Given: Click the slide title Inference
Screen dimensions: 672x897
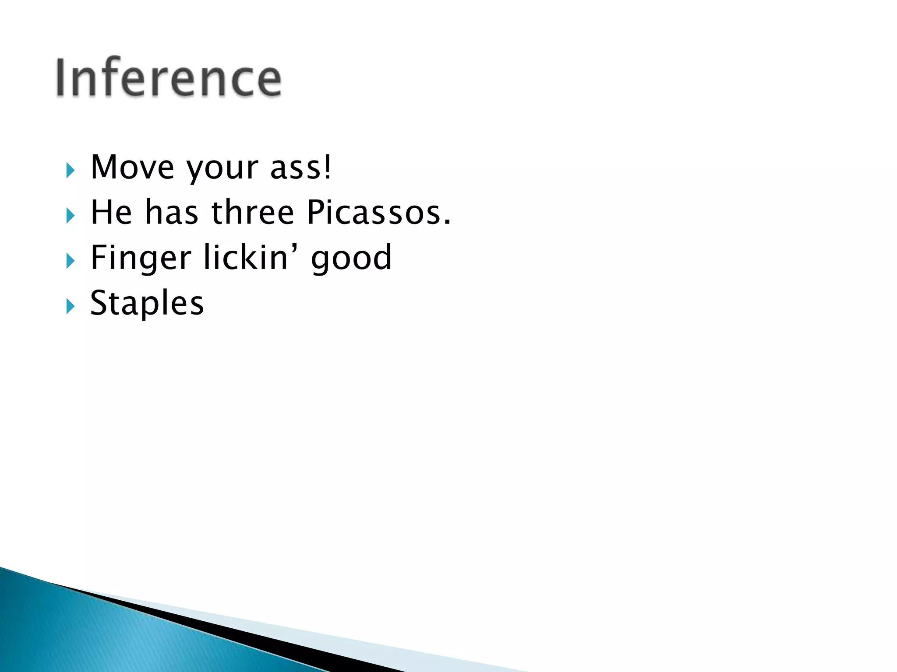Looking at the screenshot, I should (x=169, y=77).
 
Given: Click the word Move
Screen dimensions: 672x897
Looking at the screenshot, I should (x=132, y=168).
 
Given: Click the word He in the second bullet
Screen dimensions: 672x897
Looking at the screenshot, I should (x=111, y=212).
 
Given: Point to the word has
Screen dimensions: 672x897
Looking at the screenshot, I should (x=171, y=212).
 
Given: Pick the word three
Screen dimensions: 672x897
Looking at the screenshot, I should (x=253, y=212).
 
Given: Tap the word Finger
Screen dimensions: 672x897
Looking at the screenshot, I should (x=141, y=258).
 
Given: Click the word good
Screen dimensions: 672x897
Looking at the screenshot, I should (x=351, y=259).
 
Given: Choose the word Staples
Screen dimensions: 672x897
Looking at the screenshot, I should (x=147, y=304).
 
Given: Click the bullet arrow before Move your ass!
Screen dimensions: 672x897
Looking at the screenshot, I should (x=71, y=171).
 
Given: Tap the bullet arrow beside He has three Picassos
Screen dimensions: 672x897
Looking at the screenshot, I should (x=71, y=216).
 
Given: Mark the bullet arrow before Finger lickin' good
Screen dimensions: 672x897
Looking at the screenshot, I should (x=71, y=261).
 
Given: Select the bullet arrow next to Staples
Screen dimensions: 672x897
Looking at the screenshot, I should (x=71, y=306).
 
